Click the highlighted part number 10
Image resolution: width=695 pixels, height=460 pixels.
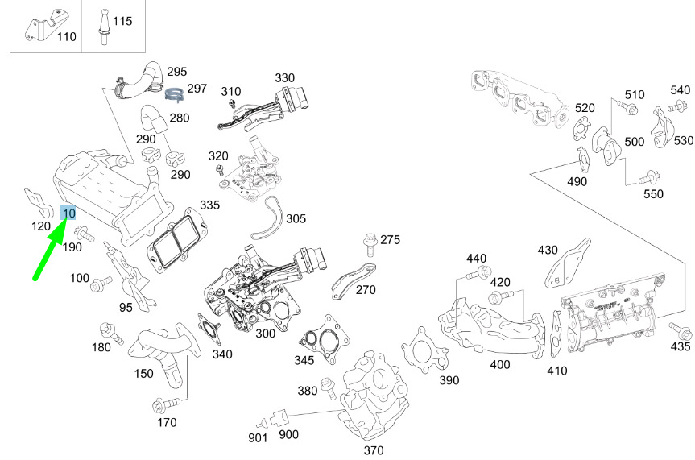coord(68,213)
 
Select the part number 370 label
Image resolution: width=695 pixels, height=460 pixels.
coord(374,450)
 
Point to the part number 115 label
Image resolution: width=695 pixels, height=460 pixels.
coord(122,21)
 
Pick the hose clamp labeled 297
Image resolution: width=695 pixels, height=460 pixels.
coord(175,95)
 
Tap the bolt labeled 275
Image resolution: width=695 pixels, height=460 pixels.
coord(370,241)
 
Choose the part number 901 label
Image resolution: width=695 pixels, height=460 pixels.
coord(258,438)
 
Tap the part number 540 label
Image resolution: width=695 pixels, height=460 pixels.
coord(680,90)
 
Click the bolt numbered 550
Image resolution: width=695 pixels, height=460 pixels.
coord(647,179)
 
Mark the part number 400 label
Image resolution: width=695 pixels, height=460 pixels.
coord(499,365)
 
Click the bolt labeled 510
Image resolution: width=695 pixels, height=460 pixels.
coord(628,107)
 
